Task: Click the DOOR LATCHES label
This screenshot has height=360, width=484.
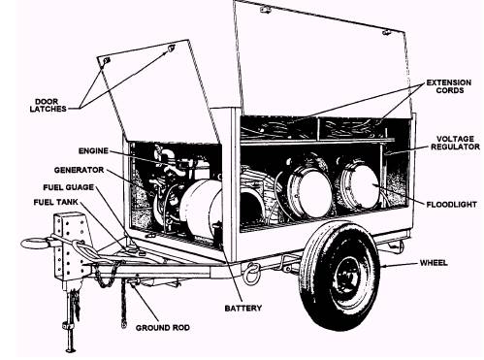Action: click(48, 106)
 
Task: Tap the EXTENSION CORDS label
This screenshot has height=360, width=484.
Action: click(449, 86)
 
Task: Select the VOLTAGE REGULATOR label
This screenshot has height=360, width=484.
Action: click(455, 143)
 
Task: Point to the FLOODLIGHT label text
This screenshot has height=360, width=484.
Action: click(451, 205)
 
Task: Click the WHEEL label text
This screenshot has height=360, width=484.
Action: click(434, 263)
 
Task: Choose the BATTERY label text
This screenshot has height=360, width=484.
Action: click(243, 308)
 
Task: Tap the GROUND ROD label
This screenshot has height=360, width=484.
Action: click(163, 328)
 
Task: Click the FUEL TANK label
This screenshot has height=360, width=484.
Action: click(56, 202)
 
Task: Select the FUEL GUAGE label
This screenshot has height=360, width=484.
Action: click(69, 187)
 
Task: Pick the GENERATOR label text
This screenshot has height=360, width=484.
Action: click(79, 170)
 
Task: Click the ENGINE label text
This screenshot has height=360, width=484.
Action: click(93, 150)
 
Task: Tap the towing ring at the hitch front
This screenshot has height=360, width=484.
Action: click(35, 244)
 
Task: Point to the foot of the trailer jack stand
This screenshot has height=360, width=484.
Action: click(70, 349)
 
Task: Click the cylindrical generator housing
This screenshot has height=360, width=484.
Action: click(201, 208)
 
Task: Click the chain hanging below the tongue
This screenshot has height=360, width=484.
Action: click(123, 304)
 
